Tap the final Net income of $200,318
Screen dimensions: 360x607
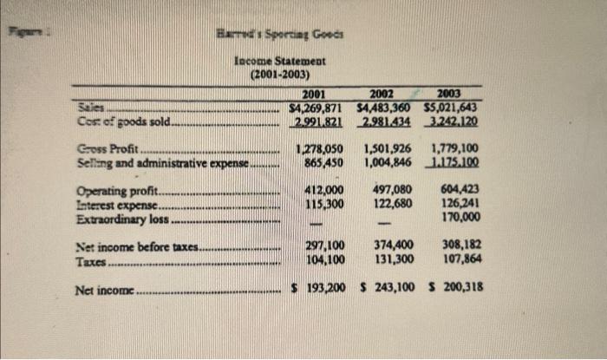pos(454,286)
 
